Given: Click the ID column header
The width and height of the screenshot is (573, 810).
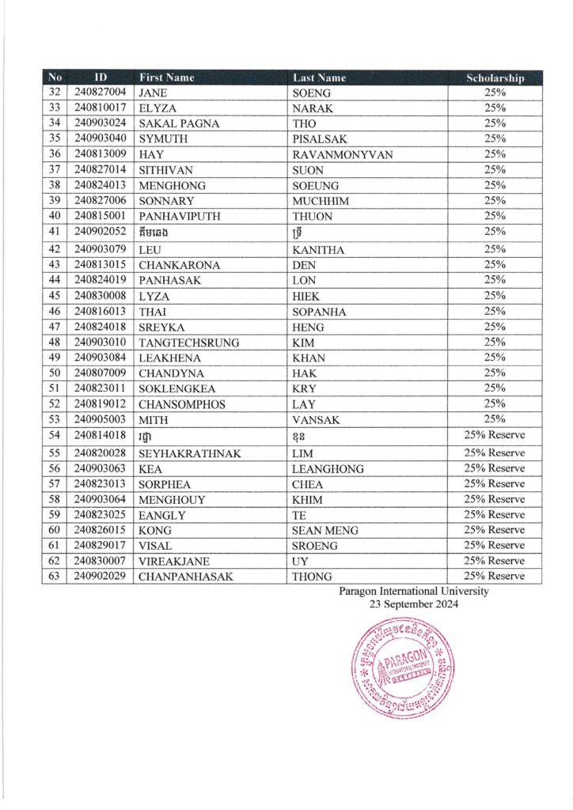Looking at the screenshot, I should pos(101,78).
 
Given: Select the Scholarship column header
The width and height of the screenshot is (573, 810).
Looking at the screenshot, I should pos(495,78).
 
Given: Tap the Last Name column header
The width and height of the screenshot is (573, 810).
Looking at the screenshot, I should pos(317,78).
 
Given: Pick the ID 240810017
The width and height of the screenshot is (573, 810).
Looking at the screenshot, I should pos(101,108).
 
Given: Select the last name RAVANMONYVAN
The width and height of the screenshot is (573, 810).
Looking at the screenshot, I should pos(343,154).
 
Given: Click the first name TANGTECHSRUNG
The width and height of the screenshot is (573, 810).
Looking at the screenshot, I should pos(188,343).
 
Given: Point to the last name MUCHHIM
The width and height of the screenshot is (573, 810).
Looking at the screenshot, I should pos(321,201).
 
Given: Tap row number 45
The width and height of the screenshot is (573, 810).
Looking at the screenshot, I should pos(55,296).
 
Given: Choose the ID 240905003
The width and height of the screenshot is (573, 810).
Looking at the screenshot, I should pos(101,419).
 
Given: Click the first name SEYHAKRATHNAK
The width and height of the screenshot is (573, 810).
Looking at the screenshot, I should pos(190,453).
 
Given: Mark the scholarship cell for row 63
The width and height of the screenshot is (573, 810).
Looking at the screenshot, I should pos(495,577).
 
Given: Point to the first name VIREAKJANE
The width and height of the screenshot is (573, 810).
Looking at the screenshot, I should pos(175,561).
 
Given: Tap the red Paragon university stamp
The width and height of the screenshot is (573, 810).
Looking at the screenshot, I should pos(403,667).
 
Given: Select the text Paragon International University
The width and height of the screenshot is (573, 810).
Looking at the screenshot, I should pos(413,591).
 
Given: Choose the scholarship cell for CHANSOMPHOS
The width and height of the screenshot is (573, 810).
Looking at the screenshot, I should pos(495,404).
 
